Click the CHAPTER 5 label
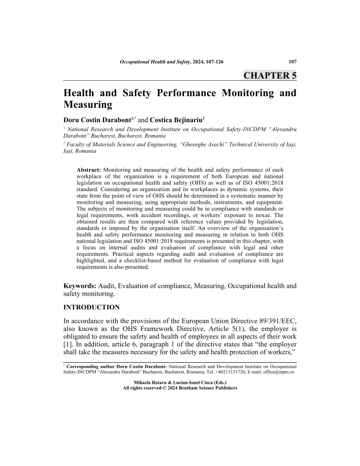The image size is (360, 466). [x=270, y=75]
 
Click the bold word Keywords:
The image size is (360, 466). [x=80, y=286]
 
